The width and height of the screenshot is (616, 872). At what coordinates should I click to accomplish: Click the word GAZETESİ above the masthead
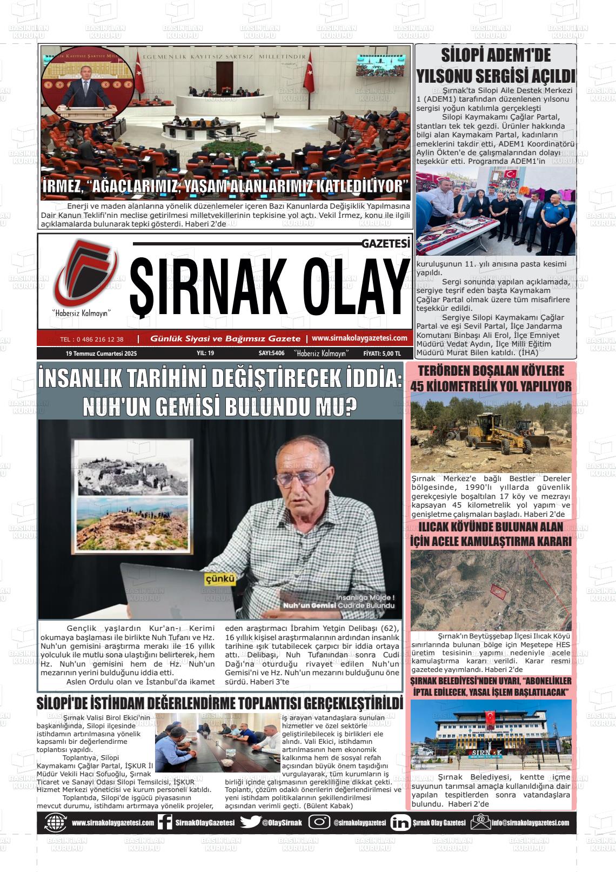[x=386, y=244]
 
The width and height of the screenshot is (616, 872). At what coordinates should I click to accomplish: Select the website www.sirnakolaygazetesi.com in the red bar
[x=359, y=338]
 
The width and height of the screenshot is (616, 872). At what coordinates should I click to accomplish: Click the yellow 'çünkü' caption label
[x=220, y=579]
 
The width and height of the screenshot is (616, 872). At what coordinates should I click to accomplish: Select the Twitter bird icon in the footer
[x=250, y=822]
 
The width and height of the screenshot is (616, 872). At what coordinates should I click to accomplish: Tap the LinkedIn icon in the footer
[x=400, y=822]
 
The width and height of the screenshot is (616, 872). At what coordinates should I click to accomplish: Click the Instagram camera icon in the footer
[x=319, y=822]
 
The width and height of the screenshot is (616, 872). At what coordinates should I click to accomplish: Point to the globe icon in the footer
[x=56, y=822]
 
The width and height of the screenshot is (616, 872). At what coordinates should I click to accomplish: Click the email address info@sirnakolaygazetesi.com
[x=530, y=823]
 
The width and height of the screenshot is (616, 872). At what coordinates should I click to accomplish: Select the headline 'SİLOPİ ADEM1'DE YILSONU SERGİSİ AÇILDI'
[x=495, y=65]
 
